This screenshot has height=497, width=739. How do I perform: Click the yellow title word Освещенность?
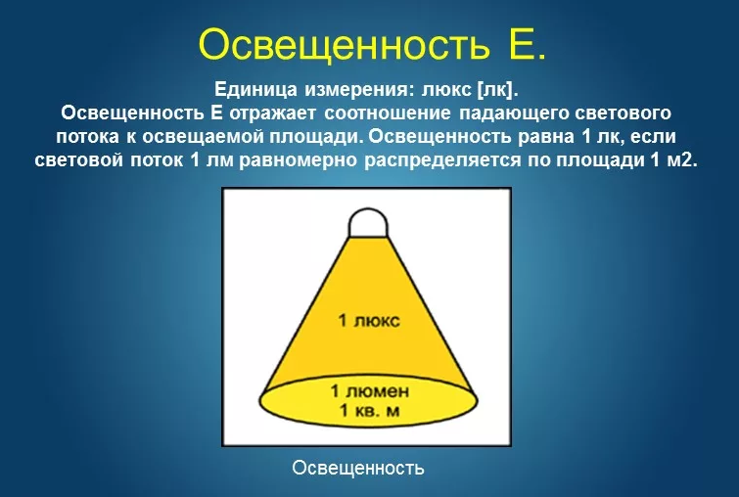(x=344, y=45)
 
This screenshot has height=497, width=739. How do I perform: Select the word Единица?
(x=255, y=89)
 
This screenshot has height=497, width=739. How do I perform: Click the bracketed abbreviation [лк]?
(x=497, y=90)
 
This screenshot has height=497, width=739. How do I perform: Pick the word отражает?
(x=274, y=113)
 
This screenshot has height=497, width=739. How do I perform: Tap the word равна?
(x=546, y=137)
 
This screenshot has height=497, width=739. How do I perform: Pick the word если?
(x=653, y=137)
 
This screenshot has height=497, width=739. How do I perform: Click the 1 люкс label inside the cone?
(x=369, y=321)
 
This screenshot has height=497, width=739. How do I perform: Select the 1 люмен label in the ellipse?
(x=370, y=391)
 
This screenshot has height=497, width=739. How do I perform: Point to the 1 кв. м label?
(x=370, y=411)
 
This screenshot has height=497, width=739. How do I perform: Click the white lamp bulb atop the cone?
(x=368, y=223)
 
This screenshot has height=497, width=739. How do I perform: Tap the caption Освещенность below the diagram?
(x=358, y=469)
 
